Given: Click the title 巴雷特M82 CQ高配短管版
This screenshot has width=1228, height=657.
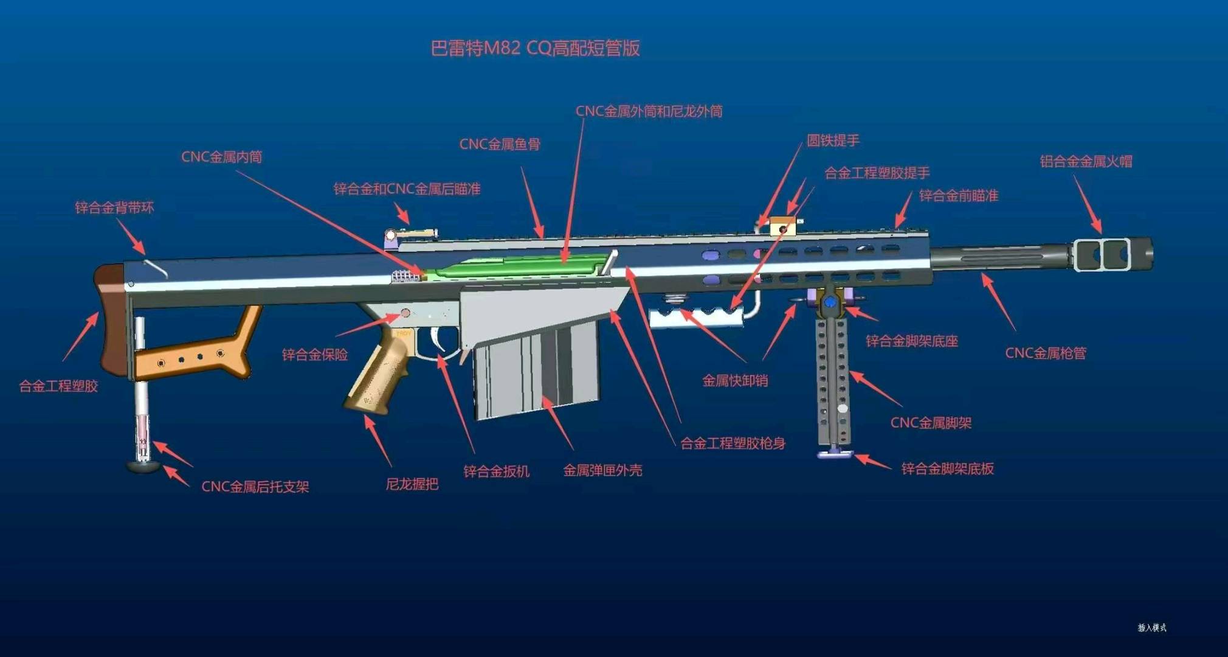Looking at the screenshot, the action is coord(535,48).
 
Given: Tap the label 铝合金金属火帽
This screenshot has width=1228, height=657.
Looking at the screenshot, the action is coord(1086,161).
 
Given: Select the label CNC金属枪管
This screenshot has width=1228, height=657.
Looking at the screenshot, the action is coord(1046,353).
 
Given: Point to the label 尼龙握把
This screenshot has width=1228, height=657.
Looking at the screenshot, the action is coord(412,484).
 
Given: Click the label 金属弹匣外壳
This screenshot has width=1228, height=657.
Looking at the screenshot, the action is coord(602,470).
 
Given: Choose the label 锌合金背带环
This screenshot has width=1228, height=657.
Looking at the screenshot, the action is coord(114,207).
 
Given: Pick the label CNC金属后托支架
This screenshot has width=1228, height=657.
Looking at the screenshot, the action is coord(255,487).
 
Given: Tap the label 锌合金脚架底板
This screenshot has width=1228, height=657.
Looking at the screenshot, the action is coord(947,468).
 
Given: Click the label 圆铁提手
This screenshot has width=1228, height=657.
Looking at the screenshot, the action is coord(833,141).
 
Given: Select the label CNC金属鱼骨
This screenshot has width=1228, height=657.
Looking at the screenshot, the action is coord(500,144).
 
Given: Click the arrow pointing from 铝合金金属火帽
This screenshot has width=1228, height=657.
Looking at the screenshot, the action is coord(1088,204).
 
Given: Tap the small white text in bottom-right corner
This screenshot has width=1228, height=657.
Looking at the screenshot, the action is coord(1152,627).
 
